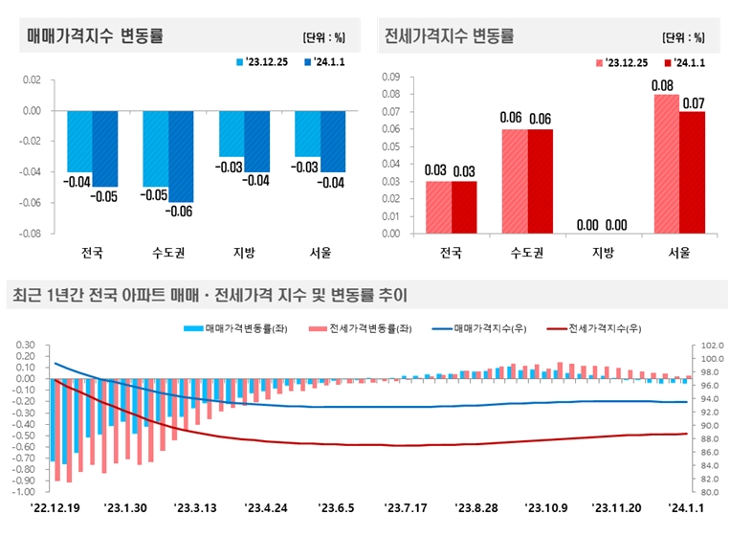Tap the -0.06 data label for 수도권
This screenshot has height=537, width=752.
pos(182,212)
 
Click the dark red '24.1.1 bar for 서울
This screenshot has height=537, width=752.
pos(692,172)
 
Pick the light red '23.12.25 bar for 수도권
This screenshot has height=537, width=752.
pos(516,181)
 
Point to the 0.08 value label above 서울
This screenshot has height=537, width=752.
pos(666,85)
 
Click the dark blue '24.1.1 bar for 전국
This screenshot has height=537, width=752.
pos(105,148)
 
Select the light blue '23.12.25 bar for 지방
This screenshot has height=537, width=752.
pos(232,134)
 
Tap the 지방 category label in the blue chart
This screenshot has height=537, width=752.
pos(245,254)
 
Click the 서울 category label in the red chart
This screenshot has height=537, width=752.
pos(678,254)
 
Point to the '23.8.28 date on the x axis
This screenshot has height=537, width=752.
pos(476,507)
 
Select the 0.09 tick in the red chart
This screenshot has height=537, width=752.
pos(390,77)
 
